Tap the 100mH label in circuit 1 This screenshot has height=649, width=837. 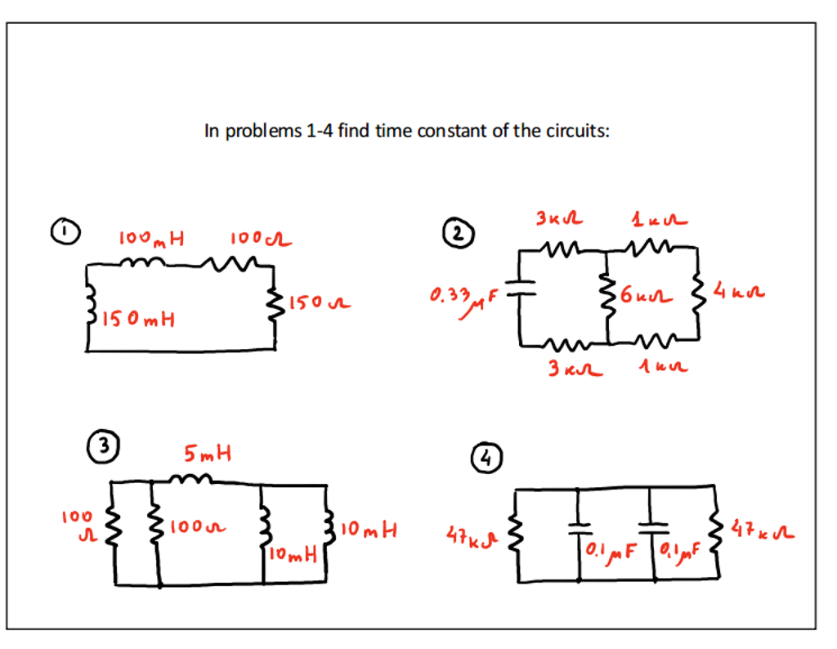click(x=152, y=239)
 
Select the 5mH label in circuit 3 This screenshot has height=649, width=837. click(x=208, y=452)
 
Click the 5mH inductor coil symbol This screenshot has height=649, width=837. click(x=190, y=480)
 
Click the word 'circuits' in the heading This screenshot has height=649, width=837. click(x=577, y=131)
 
